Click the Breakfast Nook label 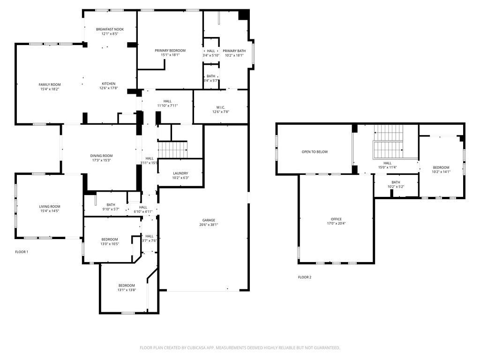pos(110,30)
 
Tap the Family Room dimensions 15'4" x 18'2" pos(50,90)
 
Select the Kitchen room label pos(109,83)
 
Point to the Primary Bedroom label pos(170,51)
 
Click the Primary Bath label pos(234,51)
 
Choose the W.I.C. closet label pos(221,107)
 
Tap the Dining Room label pos(101,156)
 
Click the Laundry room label pos(180,173)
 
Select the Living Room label pos(50,207)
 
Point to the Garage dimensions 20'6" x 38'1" pos(209,225)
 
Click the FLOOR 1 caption pos(22,252)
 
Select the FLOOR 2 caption pos(305,277)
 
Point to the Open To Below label pos(315,152)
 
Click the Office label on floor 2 pos(336,219)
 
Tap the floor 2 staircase pos(388,142)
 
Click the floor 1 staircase pos(172,150)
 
